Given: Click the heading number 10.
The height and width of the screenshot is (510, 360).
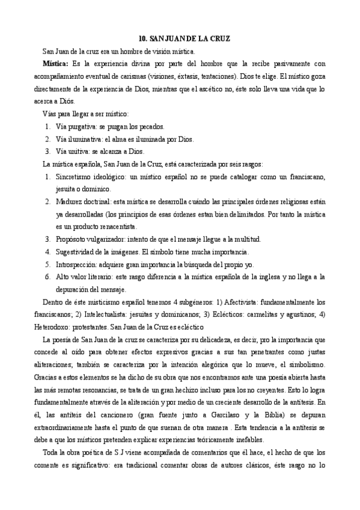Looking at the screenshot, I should (142, 38).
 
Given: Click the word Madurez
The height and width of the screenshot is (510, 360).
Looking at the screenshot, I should (70, 201).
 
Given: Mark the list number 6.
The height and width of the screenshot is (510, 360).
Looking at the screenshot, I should (47, 277).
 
